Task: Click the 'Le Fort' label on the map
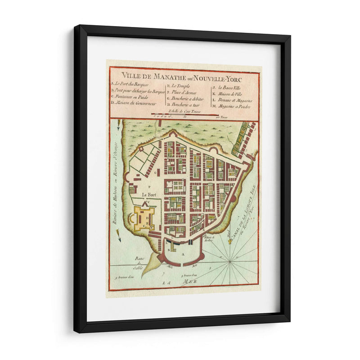point(148,194)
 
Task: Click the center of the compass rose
point(230,261)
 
